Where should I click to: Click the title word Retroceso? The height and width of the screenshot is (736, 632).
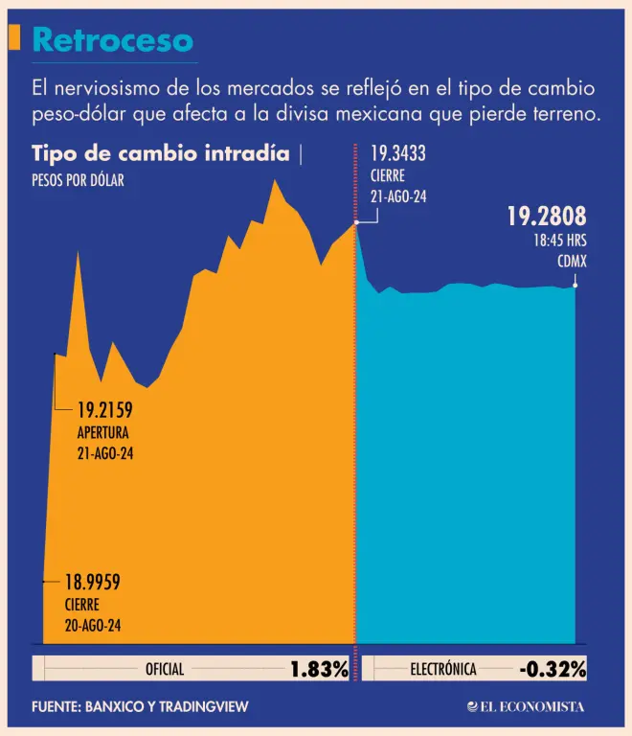[x=113, y=40]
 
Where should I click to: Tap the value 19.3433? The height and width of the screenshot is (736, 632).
[x=398, y=151]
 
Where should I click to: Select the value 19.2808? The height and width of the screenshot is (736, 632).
[x=546, y=217]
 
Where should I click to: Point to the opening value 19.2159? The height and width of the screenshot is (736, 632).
[x=104, y=411]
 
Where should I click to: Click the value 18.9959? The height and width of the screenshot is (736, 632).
[x=92, y=582]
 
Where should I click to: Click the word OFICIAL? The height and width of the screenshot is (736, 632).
[x=164, y=670]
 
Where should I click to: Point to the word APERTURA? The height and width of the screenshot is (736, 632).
[x=102, y=432]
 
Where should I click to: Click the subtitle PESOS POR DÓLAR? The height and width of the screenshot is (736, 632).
[x=78, y=180]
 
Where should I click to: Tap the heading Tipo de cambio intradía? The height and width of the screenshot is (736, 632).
[x=160, y=154]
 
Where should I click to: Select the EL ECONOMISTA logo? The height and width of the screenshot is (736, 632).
[x=526, y=707]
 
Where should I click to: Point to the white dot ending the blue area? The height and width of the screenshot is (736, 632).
[x=575, y=285]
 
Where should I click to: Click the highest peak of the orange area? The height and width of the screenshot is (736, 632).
[x=276, y=179]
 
